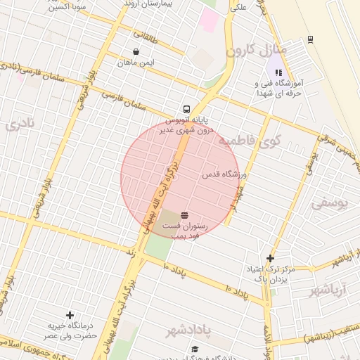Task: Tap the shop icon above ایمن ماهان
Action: tap(136, 51)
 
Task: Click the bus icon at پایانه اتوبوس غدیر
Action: tap(186, 109)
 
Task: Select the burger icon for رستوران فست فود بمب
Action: tap(184, 214)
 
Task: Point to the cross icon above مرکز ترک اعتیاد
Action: tap(270, 258)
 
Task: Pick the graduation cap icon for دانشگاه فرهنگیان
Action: tap(195, 349)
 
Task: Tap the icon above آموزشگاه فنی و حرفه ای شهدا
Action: tap(278, 72)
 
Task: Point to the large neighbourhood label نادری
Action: tap(20, 125)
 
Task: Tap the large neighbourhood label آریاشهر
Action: tap(328, 290)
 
